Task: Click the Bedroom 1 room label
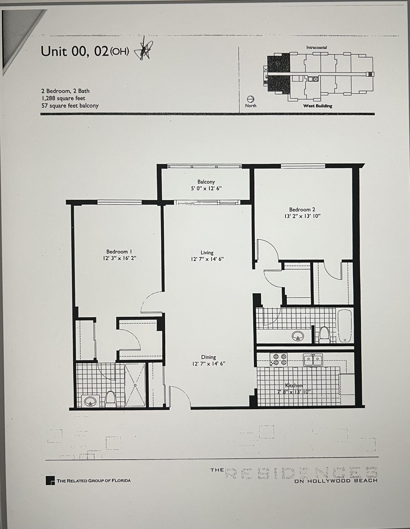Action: click(119, 252)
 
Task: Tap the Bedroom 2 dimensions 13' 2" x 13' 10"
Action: click(302, 216)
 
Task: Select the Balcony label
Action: click(206, 182)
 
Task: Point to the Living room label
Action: click(207, 253)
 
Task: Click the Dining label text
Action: click(208, 357)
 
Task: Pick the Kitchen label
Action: click(294, 385)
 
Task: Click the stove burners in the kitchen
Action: click(279, 360)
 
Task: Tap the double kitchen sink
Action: click(313, 360)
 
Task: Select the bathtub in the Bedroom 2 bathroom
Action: click(345, 326)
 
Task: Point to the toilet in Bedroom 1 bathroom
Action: click(111, 399)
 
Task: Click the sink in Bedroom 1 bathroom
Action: click(90, 402)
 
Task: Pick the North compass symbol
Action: click(250, 99)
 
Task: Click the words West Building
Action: click(317, 106)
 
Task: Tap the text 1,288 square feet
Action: click(63, 98)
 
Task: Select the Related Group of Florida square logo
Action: click(50, 481)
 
